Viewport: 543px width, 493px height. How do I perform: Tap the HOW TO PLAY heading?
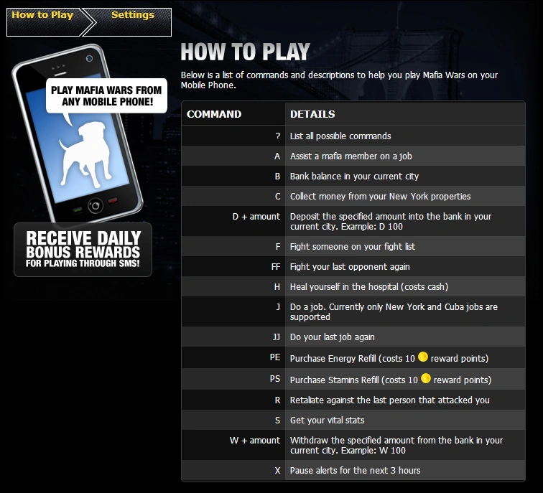click(x=245, y=52)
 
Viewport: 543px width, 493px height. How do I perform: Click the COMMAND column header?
click(x=214, y=114)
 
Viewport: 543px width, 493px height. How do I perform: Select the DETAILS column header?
click(x=312, y=114)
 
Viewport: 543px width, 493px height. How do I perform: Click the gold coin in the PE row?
click(x=423, y=357)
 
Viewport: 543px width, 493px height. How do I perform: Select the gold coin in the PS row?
click(x=426, y=378)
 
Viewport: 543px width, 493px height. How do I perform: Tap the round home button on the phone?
click(x=96, y=206)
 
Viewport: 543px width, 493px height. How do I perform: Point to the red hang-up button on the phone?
click(x=113, y=201)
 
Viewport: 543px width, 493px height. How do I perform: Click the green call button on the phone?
click(x=77, y=210)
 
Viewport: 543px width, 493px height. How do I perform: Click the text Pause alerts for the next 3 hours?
click(x=355, y=471)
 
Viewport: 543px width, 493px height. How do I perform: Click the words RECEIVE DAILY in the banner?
click(x=83, y=238)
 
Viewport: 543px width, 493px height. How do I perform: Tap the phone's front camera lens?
click(x=89, y=58)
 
